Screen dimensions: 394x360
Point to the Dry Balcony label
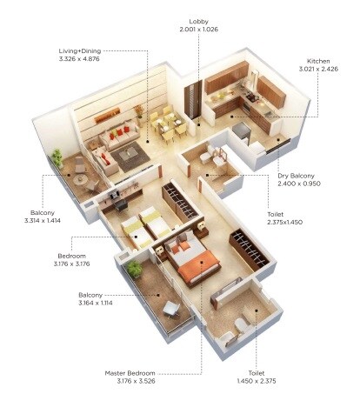pos(301,175)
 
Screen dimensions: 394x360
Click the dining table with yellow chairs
pos(166,125)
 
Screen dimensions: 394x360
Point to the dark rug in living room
pos(133,158)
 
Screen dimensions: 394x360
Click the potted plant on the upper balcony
pos(57,159)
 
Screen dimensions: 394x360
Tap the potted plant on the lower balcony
pos(134,270)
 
